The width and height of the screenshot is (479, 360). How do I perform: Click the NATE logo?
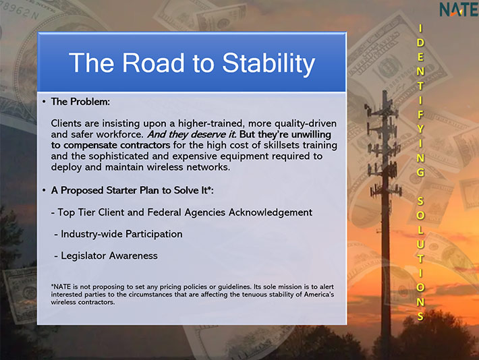(x=459, y=9)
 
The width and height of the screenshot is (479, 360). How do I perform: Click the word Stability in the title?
(x=269, y=64)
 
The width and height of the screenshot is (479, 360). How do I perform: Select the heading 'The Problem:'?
(x=80, y=102)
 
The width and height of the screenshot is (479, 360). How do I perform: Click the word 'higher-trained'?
(x=211, y=123)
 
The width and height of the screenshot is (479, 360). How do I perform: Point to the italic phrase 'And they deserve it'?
(x=192, y=135)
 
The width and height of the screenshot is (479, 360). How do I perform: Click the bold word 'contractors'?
(x=144, y=146)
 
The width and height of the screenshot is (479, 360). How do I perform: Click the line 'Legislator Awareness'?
(x=106, y=256)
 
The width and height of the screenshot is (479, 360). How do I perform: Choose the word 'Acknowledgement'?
(x=271, y=212)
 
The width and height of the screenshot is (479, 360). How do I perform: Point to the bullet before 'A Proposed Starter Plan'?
(x=45, y=191)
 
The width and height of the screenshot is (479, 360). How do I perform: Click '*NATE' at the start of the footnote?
(x=61, y=287)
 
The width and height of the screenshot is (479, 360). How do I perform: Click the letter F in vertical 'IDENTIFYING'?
(x=421, y=115)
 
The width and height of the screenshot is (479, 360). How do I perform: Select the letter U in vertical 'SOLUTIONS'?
(x=421, y=244)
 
